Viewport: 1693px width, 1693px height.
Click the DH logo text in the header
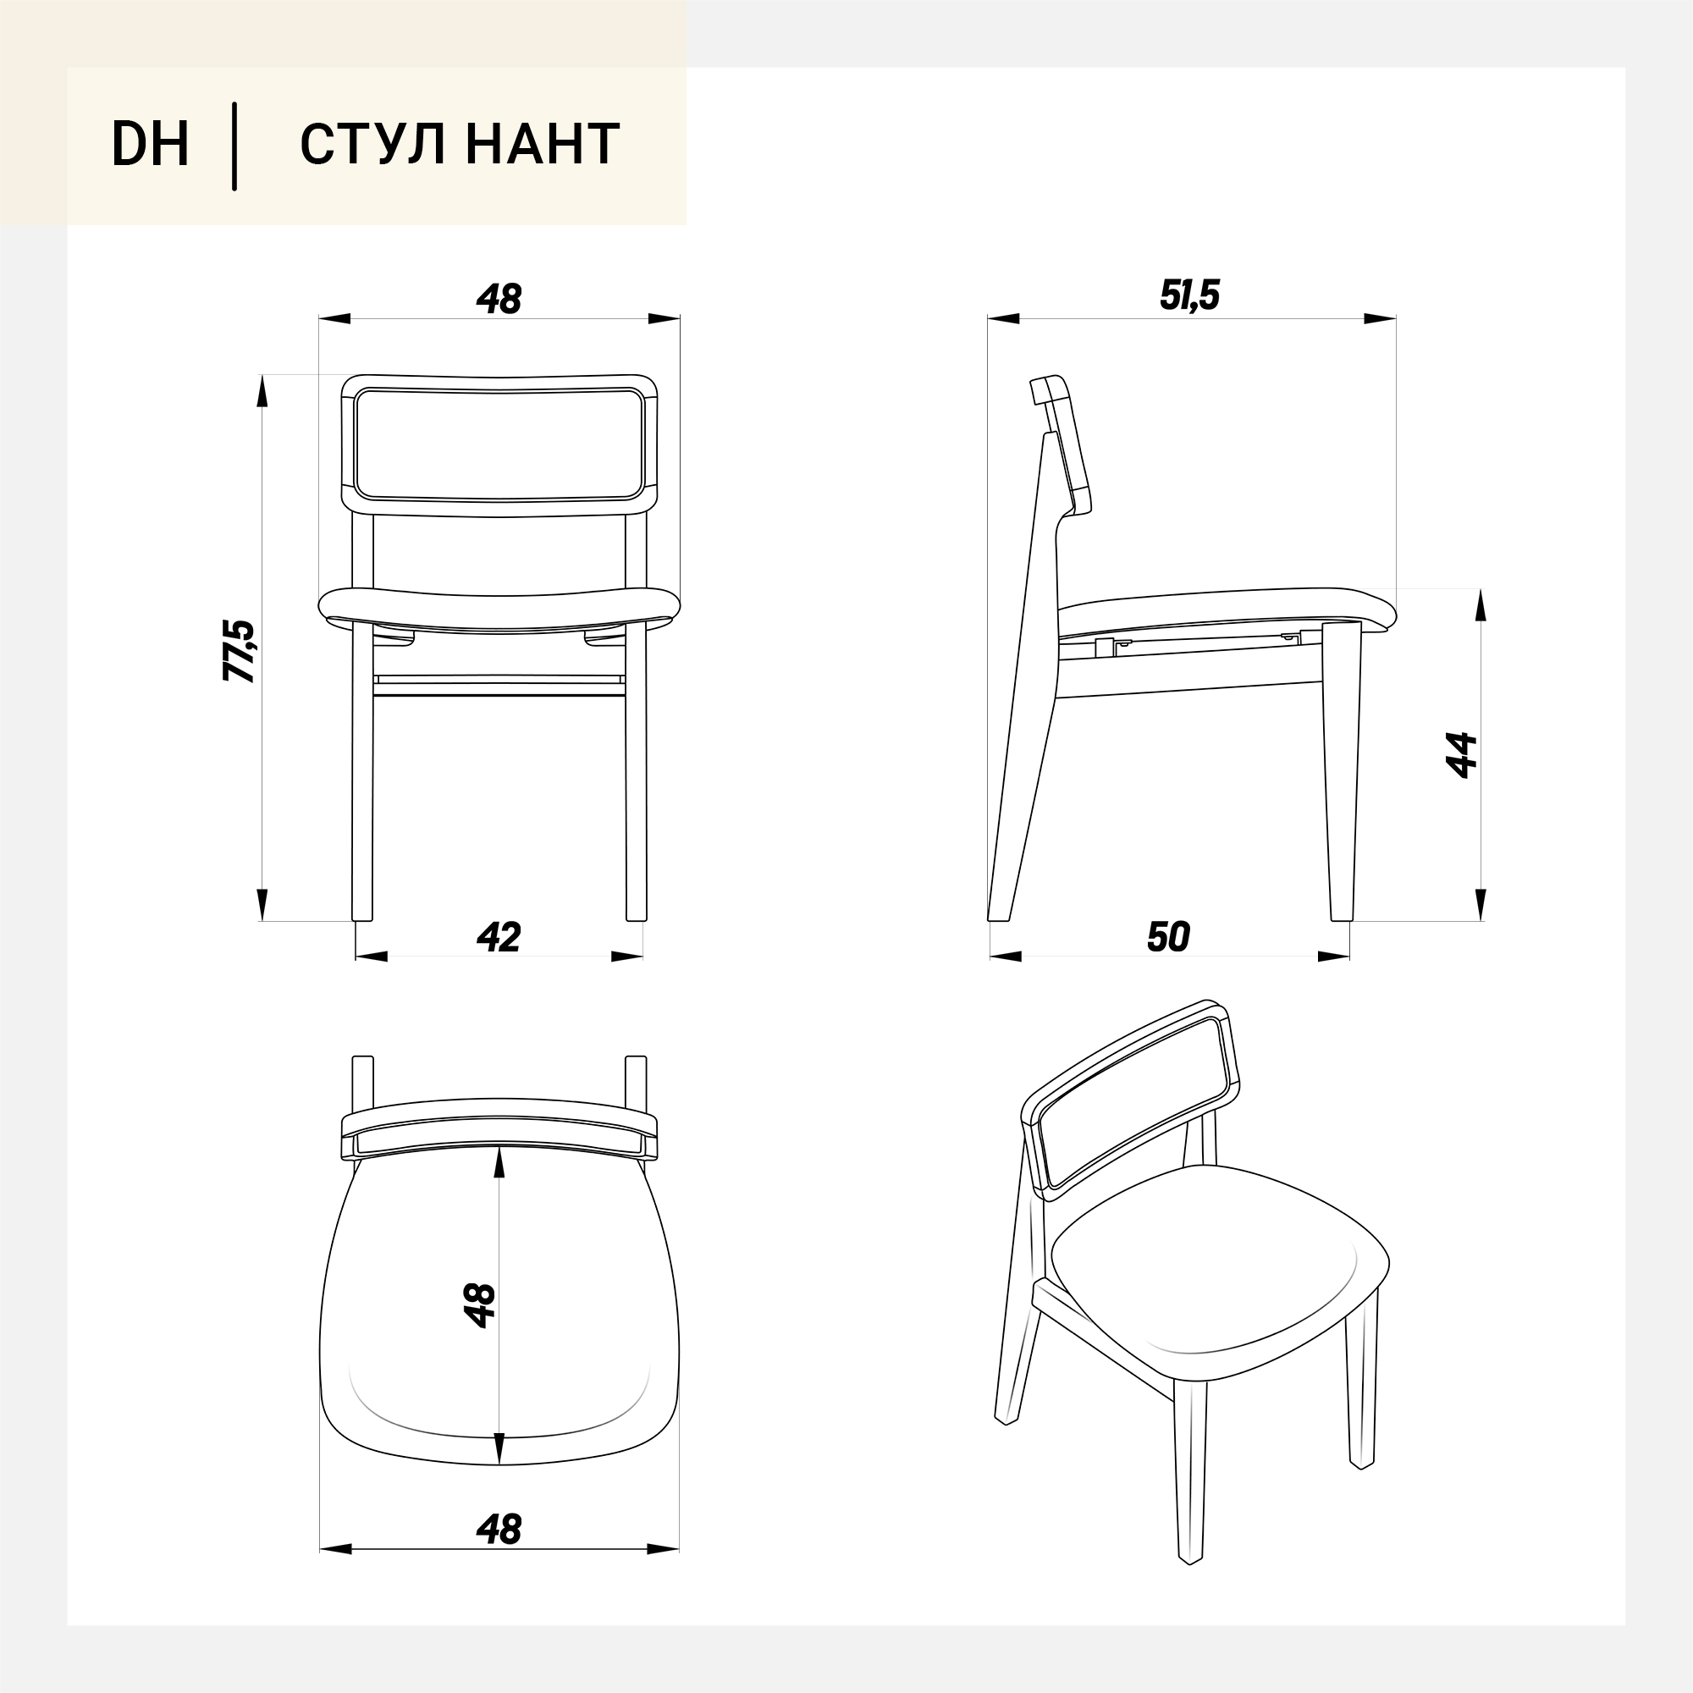(150, 144)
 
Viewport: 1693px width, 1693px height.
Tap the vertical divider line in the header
(234, 146)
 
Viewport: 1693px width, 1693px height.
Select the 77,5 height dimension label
(239, 650)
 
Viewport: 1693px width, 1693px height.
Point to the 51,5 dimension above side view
(1190, 295)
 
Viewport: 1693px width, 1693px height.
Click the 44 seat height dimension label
(1461, 754)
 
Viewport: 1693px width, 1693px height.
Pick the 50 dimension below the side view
(1168, 937)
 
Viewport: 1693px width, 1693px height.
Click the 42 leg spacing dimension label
(499, 937)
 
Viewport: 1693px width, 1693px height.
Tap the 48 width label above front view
(499, 299)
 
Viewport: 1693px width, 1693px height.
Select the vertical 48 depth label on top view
(480, 1305)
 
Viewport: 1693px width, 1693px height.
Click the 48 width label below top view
(499, 1529)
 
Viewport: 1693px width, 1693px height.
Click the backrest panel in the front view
(499, 445)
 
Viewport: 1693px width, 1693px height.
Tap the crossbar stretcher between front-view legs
(499, 686)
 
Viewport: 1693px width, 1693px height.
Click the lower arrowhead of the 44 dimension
(1481, 904)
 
